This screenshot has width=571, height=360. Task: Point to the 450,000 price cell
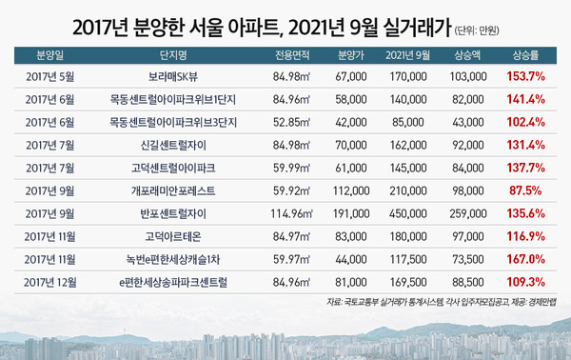tap(406, 211)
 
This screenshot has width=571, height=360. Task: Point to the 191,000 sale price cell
tap(351, 211)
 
